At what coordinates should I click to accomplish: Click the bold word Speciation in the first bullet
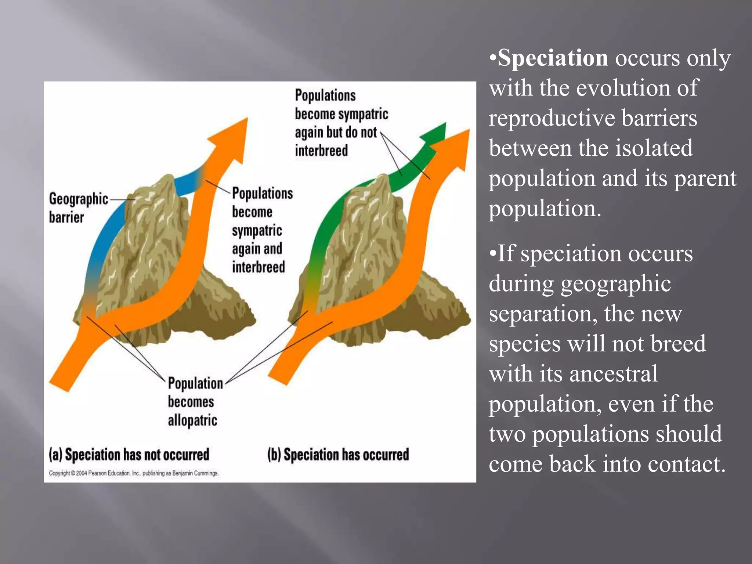[553, 58]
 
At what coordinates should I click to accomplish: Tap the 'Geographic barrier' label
[78, 208]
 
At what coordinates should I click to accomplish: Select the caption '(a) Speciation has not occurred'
[129, 455]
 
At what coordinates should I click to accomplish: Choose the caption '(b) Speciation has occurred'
[338, 455]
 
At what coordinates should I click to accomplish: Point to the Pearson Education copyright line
[134, 473]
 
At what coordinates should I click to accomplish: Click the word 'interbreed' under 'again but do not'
[321, 151]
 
